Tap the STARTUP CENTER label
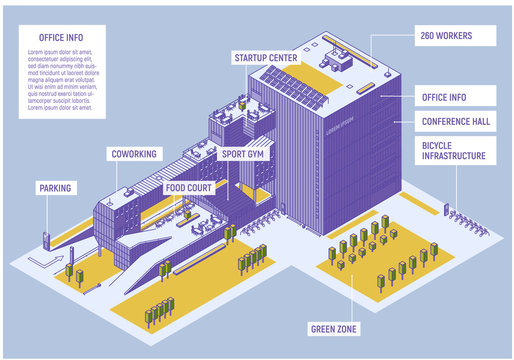pos(265,58)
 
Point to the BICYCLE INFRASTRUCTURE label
pos(454,150)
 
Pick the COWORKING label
pos(132,154)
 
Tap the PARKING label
pos(55,187)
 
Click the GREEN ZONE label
pos(334,328)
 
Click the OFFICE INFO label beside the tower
pos(454,97)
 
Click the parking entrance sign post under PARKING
pos(46,240)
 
